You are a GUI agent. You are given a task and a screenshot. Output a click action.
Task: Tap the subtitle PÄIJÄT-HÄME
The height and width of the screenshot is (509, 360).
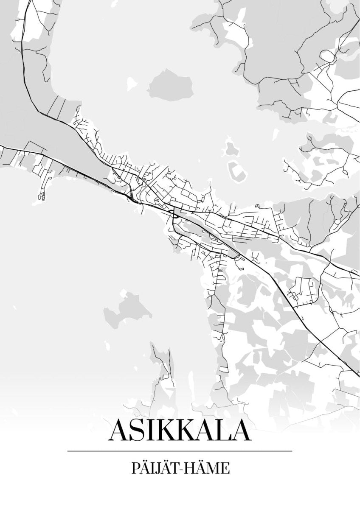pyautogui.click(x=180, y=469)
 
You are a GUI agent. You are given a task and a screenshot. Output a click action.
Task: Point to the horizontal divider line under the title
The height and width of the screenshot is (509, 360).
pyautogui.click(x=180, y=450)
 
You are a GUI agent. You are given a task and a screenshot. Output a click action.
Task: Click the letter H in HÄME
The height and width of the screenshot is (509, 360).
pyautogui.click(x=194, y=470)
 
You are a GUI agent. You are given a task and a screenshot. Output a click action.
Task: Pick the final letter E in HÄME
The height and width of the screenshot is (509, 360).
pyautogui.click(x=227, y=470)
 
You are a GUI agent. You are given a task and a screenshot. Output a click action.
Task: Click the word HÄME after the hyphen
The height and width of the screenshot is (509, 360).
pyautogui.click(x=210, y=469)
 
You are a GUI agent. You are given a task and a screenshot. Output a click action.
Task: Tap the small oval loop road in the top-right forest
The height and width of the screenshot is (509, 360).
pyautogui.click(x=327, y=55)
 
